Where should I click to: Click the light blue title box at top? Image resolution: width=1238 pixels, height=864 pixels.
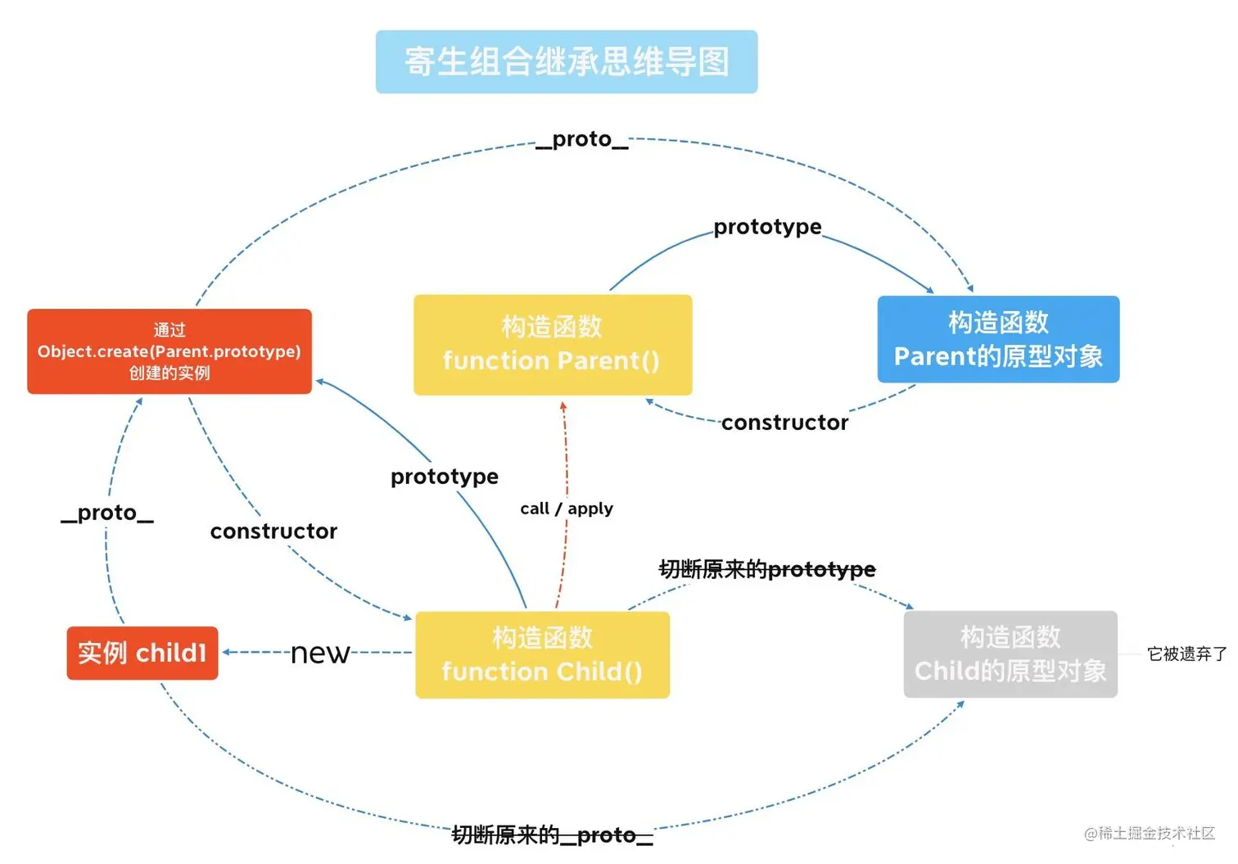pyautogui.click(x=567, y=62)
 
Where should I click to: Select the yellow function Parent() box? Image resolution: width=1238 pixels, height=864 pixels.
pyautogui.click(x=553, y=345)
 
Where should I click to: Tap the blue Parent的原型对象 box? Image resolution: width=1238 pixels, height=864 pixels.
pyautogui.click(x=998, y=339)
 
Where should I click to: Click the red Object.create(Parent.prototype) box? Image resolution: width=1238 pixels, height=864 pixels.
pyautogui.click(x=169, y=351)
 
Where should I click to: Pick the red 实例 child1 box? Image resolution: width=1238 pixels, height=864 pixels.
pyautogui.click(x=142, y=653)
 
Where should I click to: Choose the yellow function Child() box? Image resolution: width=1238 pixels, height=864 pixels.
pyautogui.click(x=542, y=654)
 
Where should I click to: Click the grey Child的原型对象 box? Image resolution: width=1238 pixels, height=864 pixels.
pyautogui.click(x=1010, y=654)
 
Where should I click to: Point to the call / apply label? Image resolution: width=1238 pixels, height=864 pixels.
pyautogui.click(x=567, y=509)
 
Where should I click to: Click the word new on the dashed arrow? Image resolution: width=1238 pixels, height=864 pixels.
pyautogui.click(x=320, y=653)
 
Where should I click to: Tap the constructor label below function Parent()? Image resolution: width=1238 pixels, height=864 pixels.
pyautogui.click(x=784, y=423)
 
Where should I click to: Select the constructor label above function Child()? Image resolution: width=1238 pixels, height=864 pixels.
pyautogui.click(x=273, y=532)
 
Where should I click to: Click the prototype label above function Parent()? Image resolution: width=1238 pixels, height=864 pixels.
pyautogui.click(x=767, y=227)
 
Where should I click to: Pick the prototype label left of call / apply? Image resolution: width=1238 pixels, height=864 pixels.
pyautogui.click(x=445, y=477)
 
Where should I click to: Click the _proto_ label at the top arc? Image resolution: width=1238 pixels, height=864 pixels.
pyautogui.click(x=582, y=139)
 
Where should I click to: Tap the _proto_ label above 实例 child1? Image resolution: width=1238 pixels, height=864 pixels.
pyautogui.click(x=107, y=513)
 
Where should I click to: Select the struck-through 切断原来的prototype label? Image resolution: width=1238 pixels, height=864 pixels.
pyautogui.click(x=767, y=569)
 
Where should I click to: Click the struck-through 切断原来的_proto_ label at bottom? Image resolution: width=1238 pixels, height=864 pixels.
pyautogui.click(x=553, y=835)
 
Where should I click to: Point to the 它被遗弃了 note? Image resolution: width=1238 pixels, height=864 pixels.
pyautogui.click(x=1186, y=654)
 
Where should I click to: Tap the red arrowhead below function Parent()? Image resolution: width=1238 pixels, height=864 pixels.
pyautogui.click(x=563, y=406)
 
